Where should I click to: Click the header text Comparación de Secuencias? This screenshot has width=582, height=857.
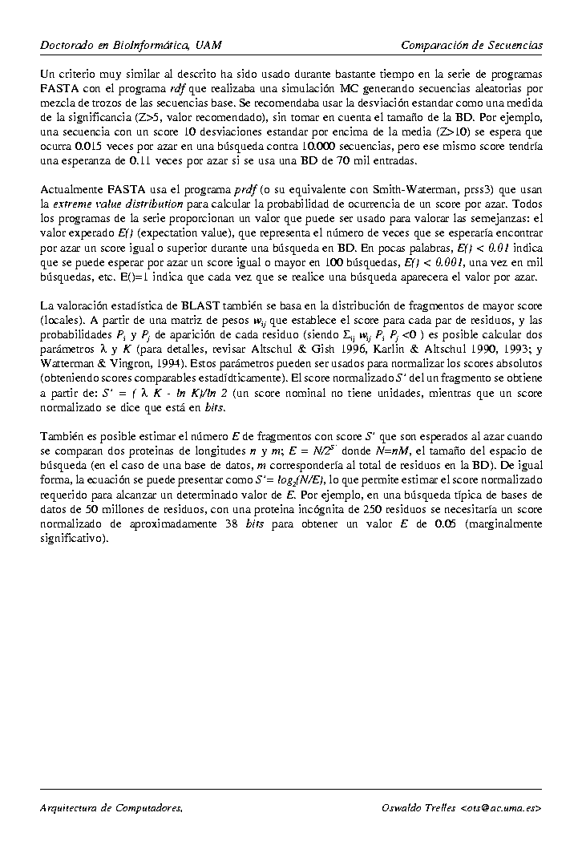coord(471,44)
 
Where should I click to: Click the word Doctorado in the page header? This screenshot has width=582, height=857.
coord(67,44)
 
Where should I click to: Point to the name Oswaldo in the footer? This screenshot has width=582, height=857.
coord(403,808)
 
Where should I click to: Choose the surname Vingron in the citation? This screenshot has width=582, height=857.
coord(143,363)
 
